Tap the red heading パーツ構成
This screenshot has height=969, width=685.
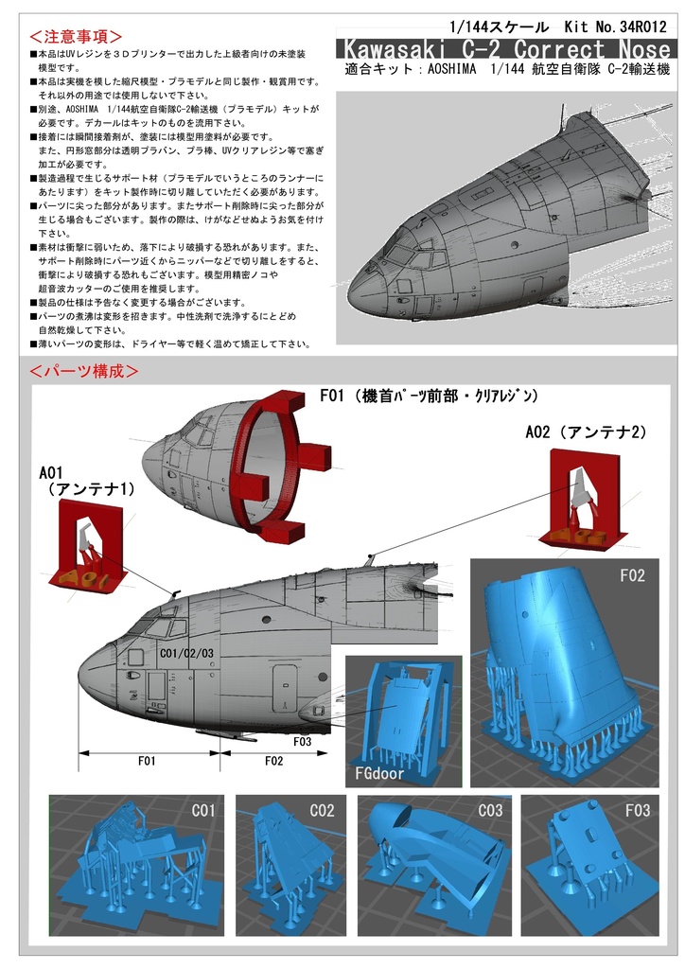pos(84,370)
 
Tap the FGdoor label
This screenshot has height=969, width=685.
pos(379,772)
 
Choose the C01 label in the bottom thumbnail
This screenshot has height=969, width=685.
pos(203,811)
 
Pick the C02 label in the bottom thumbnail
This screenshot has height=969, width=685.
pos(322,811)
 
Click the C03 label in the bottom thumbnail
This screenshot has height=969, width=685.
pos(490,811)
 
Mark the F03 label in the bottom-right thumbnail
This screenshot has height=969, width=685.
pos(637,811)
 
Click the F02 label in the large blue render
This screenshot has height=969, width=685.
pos(632,574)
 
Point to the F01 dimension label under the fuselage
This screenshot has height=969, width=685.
pos(147,760)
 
